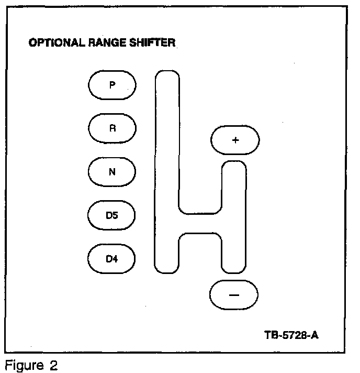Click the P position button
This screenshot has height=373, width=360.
112,85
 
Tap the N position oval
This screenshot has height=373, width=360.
112,172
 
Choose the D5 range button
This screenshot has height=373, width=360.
112,215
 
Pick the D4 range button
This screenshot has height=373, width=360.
112,258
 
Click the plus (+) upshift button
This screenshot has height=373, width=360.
235,140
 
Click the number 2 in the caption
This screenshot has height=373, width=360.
52,365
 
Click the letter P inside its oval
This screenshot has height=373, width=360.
112,85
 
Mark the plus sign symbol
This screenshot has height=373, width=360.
235,140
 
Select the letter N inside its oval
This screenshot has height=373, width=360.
112,172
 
